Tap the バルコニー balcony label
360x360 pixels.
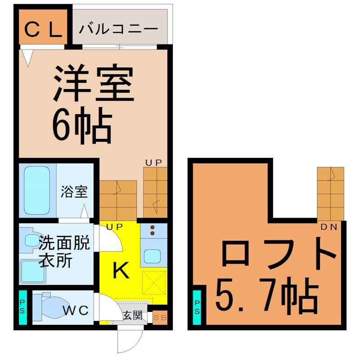[119, 30]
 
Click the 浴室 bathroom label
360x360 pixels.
[74, 192]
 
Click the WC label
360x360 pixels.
[75, 310]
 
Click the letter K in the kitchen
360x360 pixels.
[121, 270]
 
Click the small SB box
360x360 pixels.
[160, 316]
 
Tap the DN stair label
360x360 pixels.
[329, 227]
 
